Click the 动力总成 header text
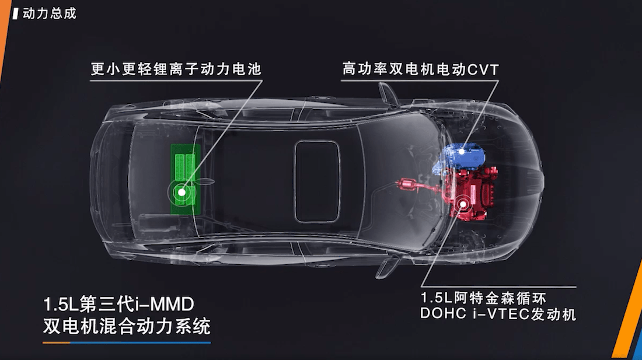[49, 13]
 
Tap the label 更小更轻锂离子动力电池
[176, 69]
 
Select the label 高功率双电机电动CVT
[420, 69]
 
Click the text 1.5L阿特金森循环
[483, 298]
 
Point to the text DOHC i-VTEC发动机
[498, 314]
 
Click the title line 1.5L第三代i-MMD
[118, 305]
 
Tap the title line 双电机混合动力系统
[127, 326]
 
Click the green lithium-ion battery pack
[186, 179]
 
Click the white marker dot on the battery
[182, 192]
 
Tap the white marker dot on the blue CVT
[462, 151]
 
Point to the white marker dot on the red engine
[463, 204]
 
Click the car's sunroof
[317, 181]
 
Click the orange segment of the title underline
[57, 342]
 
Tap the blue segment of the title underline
[141, 342]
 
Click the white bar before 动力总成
[16, 13]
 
